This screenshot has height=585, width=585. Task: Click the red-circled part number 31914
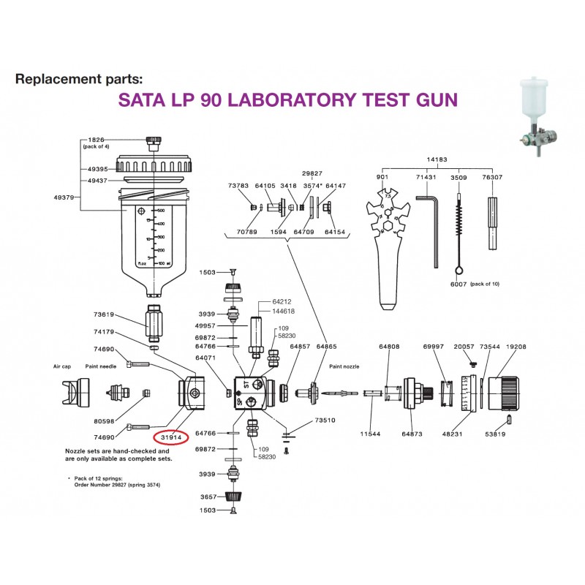pos(170,437)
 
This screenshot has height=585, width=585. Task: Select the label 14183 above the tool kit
pos(437,159)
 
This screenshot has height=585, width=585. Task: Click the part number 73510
pos(325,421)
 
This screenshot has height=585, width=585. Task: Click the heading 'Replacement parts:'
pos(75,79)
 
